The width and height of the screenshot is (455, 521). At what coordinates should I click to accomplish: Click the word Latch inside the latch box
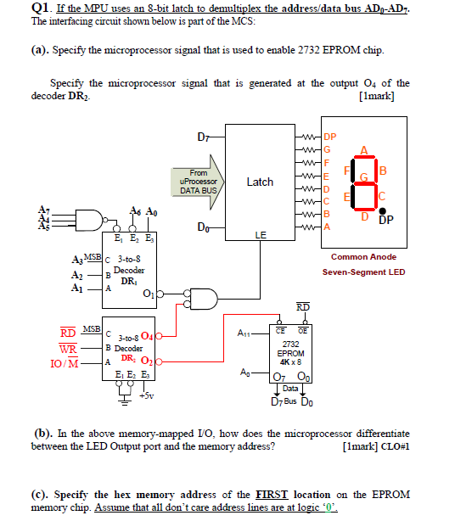[259, 182]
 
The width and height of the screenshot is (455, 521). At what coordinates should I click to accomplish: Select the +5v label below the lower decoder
[146, 395]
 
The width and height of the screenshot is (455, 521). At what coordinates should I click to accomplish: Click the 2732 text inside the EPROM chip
[291, 344]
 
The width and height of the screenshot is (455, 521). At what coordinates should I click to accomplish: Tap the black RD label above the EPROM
[302, 306]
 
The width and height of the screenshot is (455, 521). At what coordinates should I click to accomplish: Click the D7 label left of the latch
[202, 135]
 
